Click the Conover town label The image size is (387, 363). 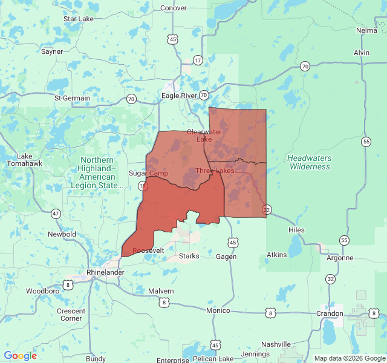point(174,8)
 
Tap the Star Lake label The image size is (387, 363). point(79,19)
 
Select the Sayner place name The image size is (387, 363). point(52,51)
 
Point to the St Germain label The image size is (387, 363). point(72,98)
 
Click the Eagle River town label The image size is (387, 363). point(179,96)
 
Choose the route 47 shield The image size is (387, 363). point(56,214)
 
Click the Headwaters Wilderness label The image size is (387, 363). point(310,162)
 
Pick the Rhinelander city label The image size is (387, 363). point(105,272)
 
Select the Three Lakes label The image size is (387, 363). point(215,171)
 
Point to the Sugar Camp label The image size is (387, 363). point(148,174)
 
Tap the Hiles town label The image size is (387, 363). point(296,230)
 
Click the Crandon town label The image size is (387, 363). point(330,313)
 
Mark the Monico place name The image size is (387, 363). point(218,310)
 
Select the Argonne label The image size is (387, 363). point(339,258)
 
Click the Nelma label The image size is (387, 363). point(366,30)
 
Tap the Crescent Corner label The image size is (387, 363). point(71,315)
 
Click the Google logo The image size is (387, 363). point(20,356)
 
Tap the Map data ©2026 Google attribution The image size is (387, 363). point(349,358)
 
